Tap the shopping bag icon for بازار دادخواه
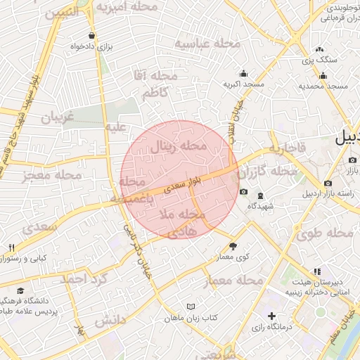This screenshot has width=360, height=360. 92,35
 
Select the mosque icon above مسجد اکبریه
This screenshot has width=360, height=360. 243,73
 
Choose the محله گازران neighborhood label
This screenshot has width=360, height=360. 267,172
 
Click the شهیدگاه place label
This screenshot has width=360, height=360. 259,206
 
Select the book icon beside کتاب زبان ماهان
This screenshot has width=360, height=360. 191,307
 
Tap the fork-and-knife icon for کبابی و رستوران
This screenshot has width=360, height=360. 11,247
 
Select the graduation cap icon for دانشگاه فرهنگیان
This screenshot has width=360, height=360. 20,290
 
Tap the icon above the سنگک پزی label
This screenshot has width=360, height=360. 320,49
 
